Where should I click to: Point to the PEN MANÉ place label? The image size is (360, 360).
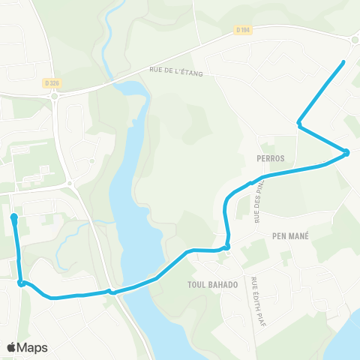coord(290,235)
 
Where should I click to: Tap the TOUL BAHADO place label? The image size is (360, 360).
coord(213,284)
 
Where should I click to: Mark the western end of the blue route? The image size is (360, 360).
coord(14,217)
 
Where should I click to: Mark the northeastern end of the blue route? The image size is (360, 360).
coord(343,61)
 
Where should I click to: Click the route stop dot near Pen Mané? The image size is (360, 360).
coord(226,246)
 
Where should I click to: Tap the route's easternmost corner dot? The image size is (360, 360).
coord(347,153)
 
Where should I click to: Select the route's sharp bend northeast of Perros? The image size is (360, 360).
coord(299,123)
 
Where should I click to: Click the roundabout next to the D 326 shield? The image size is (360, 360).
coord(55,95)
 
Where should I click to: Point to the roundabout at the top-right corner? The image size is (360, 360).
coord(354,40)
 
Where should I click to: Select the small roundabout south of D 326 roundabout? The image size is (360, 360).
coord(69,183)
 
